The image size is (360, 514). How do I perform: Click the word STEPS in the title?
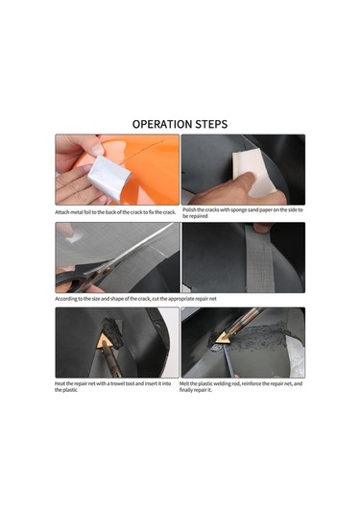[x=211, y=124]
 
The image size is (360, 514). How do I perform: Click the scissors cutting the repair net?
[x=108, y=262]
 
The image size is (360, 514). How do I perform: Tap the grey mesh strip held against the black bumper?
[x=260, y=260]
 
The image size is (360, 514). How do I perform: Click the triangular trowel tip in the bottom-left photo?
[x=106, y=342]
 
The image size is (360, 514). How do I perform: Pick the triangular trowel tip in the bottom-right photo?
[x=224, y=337]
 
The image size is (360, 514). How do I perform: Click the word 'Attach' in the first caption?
[x=61, y=212]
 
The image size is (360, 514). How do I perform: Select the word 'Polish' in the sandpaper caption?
[x=190, y=209]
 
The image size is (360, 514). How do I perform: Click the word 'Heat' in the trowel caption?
[x=60, y=383]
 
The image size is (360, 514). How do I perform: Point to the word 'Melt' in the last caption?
[x=184, y=383]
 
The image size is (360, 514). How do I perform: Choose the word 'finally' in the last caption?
[x=186, y=390]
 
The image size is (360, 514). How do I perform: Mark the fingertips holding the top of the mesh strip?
[x=263, y=227]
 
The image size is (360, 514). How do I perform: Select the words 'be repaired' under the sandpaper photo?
[x=195, y=216]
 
